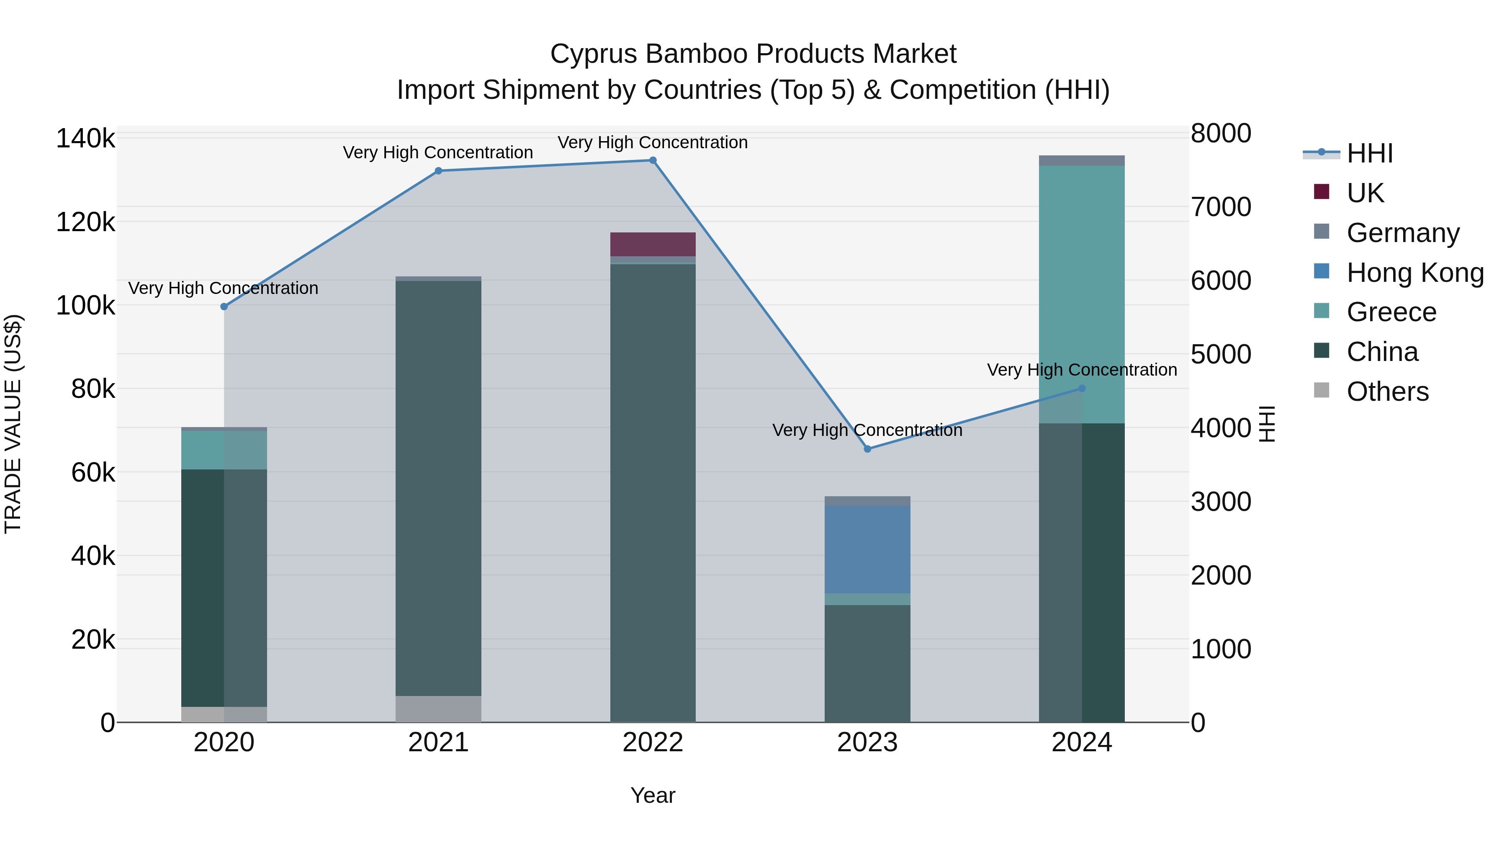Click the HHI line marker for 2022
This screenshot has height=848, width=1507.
click(653, 160)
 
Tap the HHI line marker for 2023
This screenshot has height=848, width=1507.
click(868, 449)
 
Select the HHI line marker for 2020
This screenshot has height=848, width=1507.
click(224, 307)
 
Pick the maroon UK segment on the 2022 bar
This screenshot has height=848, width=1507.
click(653, 244)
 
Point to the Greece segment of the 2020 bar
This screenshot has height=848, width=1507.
click(224, 450)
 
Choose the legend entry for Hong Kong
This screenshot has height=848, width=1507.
click(1414, 273)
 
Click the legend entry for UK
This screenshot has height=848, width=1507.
click(1365, 193)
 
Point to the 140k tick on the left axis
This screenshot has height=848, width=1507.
click(85, 139)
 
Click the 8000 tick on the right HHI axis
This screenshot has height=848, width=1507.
click(1221, 134)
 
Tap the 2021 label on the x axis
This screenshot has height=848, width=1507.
click(438, 742)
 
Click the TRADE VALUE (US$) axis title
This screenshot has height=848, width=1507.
click(13, 424)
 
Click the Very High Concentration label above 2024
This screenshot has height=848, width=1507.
click(1082, 370)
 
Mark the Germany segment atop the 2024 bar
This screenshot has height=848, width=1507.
click(1082, 160)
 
